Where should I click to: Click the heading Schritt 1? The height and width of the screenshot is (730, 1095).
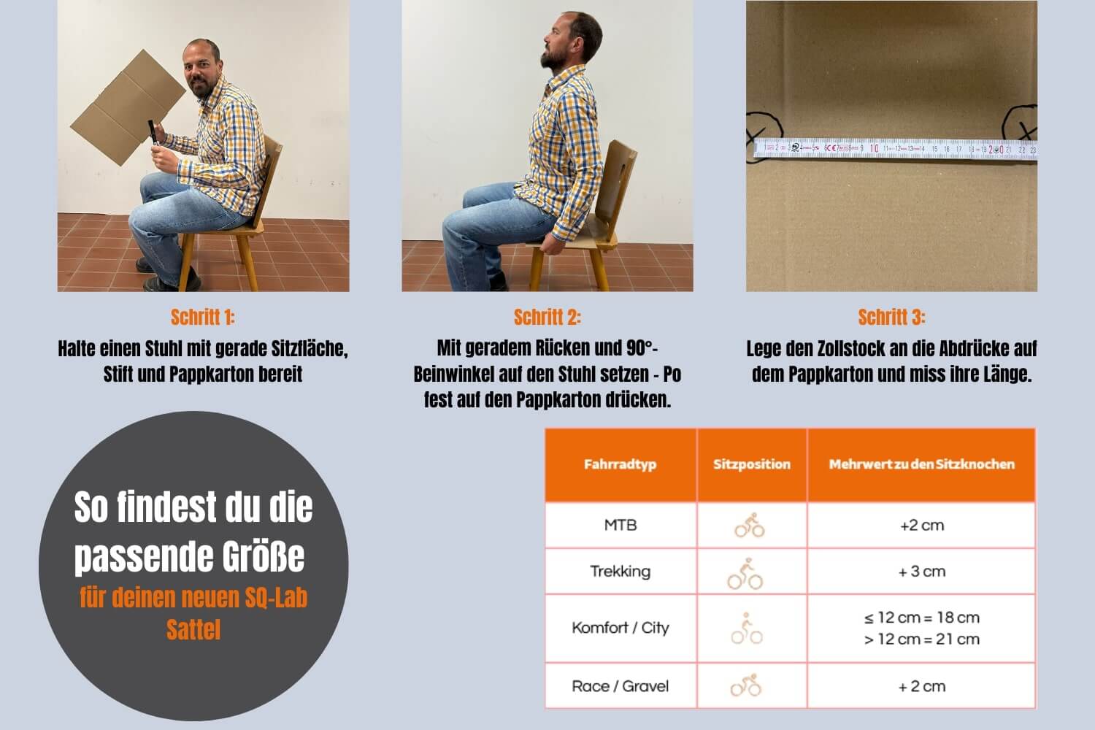(x=202, y=317)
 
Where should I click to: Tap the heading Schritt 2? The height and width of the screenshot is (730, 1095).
(x=547, y=317)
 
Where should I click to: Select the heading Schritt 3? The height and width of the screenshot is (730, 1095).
(x=891, y=317)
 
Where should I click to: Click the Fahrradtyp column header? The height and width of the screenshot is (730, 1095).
(x=620, y=464)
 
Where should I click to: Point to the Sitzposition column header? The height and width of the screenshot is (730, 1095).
(x=751, y=464)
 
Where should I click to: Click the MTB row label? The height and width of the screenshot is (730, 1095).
(x=620, y=525)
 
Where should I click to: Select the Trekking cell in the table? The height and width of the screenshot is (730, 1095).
(x=620, y=571)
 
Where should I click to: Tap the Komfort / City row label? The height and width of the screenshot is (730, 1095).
(x=620, y=628)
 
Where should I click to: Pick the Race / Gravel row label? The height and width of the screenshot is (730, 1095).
(x=620, y=686)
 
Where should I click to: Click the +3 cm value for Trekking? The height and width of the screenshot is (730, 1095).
(x=921, y=571)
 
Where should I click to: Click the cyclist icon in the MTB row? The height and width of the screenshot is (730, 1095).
(x=749, y=525)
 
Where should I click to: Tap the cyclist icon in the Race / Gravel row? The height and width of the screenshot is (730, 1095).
(x=746, y=686)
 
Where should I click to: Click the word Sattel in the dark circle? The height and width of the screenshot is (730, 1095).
(x=193, y=629)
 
